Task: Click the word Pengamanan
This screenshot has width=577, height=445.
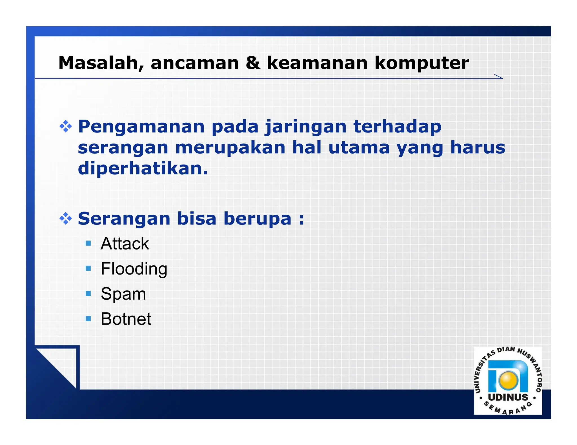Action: pyautogui.click(x=141, y=127)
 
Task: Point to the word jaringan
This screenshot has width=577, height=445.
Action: pyautogui.click(x=305, y=127)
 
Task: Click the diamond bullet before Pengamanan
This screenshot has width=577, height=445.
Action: pyautogui.click(x=66, y=127)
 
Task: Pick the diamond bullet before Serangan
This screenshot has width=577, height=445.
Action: pyautogui.click(x=66, y=219)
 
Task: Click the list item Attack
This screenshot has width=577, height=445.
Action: pyautogui.click(x=125, y=244)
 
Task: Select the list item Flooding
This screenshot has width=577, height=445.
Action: pyautogui.click(x=134, y=269)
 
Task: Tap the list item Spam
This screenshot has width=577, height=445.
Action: pyautogui.click(x=123, y=294)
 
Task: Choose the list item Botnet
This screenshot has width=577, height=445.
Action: pyautogui.click(x=126, y=319)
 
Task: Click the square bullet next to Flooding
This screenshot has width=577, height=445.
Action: pyautogui.click(x=88, y=268)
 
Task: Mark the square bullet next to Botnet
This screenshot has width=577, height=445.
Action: pyautogui.click(x=88, y=319)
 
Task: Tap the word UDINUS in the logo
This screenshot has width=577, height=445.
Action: pyautogui.click(x=508, y=397)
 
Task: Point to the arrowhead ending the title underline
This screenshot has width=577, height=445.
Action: pyautogui.click(x=499, y=77)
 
